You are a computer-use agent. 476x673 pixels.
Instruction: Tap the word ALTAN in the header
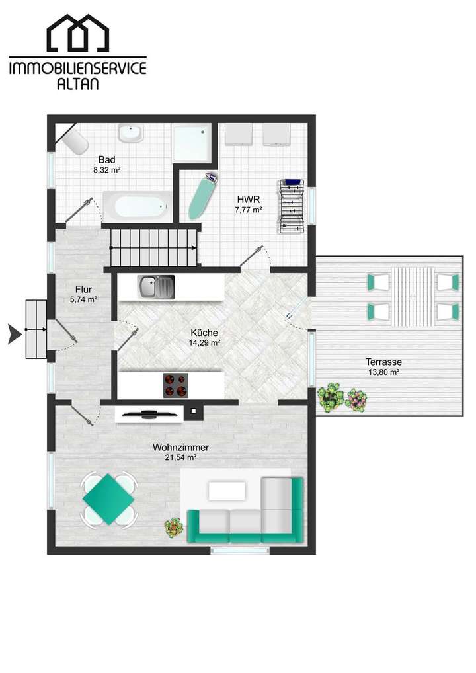click(77, 83)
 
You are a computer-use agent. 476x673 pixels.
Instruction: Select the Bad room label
click(107, 159)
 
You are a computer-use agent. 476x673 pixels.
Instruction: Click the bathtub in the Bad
click(138, 208)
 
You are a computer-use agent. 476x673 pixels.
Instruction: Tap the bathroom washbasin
click(130, 133)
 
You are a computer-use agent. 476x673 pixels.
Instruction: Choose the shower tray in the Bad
click(191, 141)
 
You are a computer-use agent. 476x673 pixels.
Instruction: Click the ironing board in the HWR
click(201, 196)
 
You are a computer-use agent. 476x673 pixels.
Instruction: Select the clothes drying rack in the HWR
click(291, 205)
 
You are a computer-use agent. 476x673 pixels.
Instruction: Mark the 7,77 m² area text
click(249, 210)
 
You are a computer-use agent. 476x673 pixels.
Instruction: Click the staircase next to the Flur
click(153, 247)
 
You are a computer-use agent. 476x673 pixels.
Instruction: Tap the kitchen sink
click(156, 287)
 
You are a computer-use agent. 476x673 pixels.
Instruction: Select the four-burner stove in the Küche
click(175, 385)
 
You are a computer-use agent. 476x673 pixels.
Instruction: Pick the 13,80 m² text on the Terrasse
click(384, 372)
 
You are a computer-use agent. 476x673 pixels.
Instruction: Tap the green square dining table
click(108, 498)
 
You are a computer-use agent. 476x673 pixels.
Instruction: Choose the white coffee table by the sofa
click(227, 491)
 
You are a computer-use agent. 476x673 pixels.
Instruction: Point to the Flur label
click(83, 289)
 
